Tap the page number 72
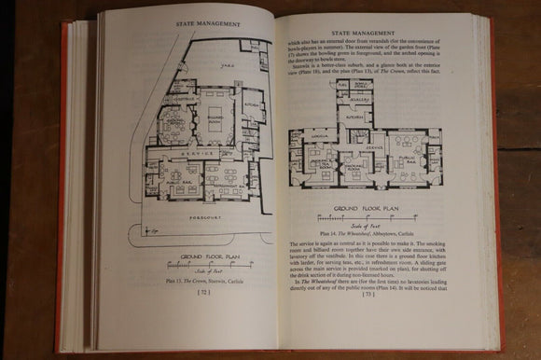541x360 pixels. (x=187, y=293)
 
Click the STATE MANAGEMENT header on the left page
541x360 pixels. (x=196, y=14)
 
